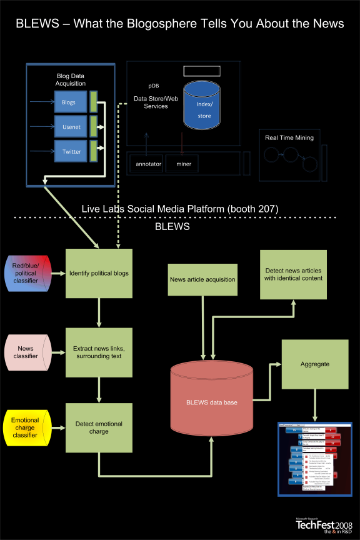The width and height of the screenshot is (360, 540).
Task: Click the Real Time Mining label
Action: tap(289, 137)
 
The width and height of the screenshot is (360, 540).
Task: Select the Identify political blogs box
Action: tap(99, 273)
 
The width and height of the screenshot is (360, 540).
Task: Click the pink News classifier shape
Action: tap(26, 351)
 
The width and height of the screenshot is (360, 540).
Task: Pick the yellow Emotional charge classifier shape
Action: tap(26, 428)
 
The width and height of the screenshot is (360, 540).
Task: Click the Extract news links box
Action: tap(99, 352)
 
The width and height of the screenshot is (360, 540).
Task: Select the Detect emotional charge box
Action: tap(99, 428)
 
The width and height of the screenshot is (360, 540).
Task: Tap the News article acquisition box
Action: tap(202, 279)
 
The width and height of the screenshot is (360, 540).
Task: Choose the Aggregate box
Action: tap(314, 364)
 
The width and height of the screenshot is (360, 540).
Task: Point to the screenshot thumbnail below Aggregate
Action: tap(314, 459)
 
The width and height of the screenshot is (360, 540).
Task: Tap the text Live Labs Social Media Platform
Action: tap(180, 208)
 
